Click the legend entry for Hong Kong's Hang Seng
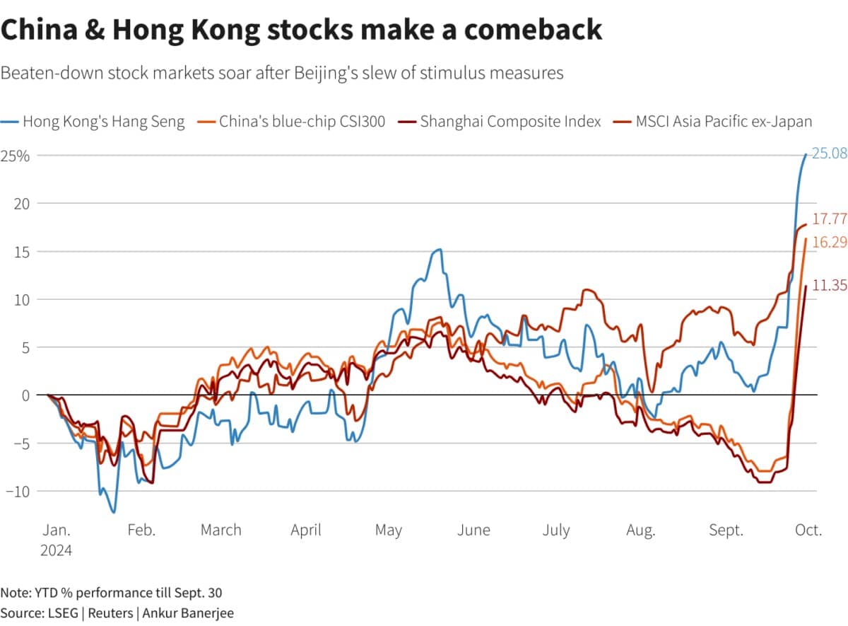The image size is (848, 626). point(103,121)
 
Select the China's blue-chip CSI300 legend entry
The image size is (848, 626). point(302,121)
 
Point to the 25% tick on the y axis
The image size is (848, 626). point(15,156)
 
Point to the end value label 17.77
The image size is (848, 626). point(829,219)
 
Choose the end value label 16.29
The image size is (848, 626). point(829,242)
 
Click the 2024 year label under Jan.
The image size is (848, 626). point(56,549)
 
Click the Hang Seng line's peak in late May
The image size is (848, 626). point(439,249)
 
